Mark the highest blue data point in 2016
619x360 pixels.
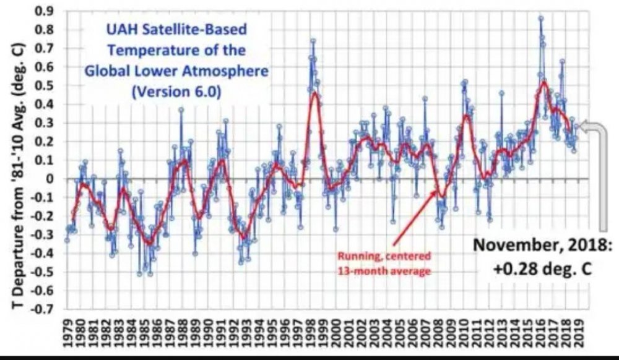[540, 19]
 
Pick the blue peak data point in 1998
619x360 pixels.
[313, 41]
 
